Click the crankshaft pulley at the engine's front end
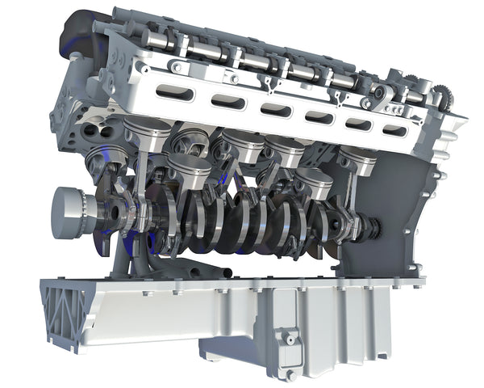71,212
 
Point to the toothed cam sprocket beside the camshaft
441,99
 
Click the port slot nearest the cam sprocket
394,129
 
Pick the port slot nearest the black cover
174,93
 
